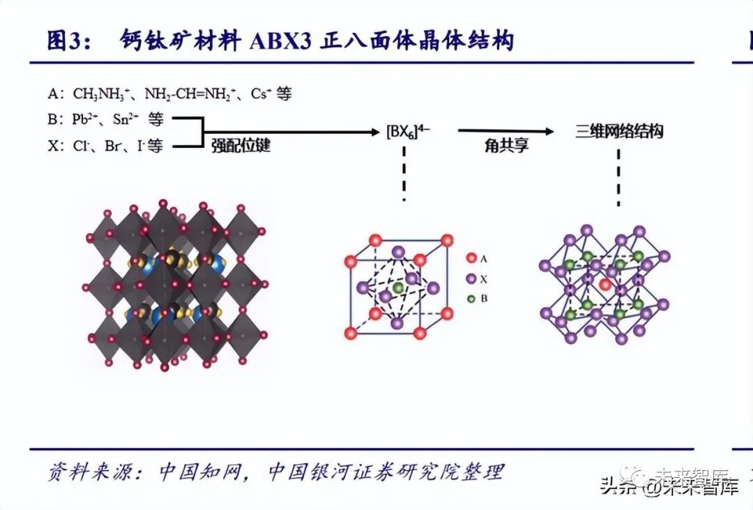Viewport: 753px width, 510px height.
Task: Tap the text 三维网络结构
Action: click(x=618, y=131)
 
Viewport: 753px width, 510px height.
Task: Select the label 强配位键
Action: click(x=241, y=146)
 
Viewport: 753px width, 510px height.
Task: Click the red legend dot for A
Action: click(x=471, y=258)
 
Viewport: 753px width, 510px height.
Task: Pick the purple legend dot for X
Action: click(x=471, y=278)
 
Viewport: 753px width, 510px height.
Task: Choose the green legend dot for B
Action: click(x=471, y=299)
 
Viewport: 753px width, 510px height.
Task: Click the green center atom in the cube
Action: click(x=397, y=287)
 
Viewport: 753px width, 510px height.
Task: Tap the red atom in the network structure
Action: click(x=604, y=285)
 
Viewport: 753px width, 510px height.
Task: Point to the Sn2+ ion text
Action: click(x=126, y=119)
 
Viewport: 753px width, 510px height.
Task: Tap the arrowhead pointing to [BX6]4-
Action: click(x=373, y=131)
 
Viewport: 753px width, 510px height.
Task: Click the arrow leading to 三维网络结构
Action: click(x=505, y=130)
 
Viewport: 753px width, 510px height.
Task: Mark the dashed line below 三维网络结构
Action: click(x=618, y=177)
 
